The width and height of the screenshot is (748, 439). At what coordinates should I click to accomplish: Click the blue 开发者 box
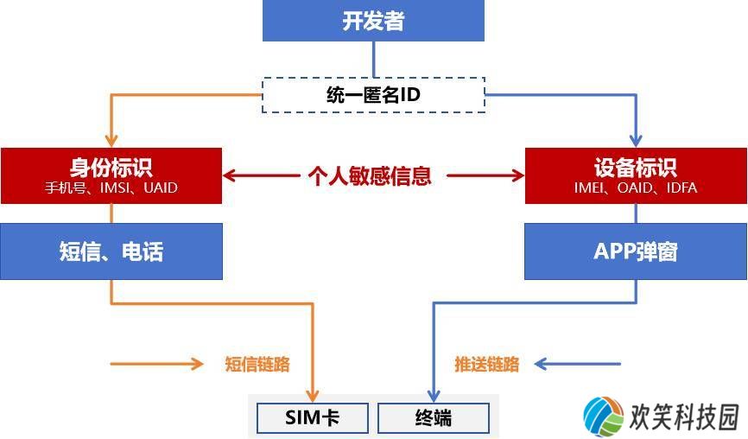click(x=373, y=21)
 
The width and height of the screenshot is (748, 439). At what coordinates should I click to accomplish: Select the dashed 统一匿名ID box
click(x=373, y=95)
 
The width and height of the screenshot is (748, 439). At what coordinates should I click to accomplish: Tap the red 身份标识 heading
click(x=111, y=168)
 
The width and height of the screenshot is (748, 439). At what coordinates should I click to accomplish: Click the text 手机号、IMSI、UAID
click(x=111, y=188)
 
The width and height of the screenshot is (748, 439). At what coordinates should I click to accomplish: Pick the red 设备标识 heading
click(x=636, y=168)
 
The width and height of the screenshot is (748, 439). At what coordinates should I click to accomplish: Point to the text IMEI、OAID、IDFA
click(x=636, y=188)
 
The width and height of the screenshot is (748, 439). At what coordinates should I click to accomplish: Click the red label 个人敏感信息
click(x=370, y=175)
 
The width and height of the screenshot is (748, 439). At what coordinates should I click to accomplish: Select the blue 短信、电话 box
click(x=111, y=251)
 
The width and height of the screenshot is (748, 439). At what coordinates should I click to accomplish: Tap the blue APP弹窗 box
click(x=636, y=251)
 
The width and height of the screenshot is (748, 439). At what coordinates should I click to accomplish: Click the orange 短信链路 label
click(x=257, y=364)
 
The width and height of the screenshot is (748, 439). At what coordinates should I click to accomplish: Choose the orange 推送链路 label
click(x=486, y=364)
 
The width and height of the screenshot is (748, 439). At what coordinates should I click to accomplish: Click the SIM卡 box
click(x=313, y=418)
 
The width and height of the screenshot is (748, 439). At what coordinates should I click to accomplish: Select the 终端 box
click(x=433, y=418)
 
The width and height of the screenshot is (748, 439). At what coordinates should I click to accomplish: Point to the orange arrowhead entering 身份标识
click(x=111, y=141)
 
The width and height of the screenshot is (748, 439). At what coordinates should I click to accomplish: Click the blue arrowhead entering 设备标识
click(x=636, y=141)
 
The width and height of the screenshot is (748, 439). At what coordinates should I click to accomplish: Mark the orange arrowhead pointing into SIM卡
click(x=313, y=396)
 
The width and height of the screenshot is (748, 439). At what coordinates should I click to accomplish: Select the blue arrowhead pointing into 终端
click(x=433, y=396)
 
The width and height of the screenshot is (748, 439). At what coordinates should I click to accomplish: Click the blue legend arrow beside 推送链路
click(x=578, y=364)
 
